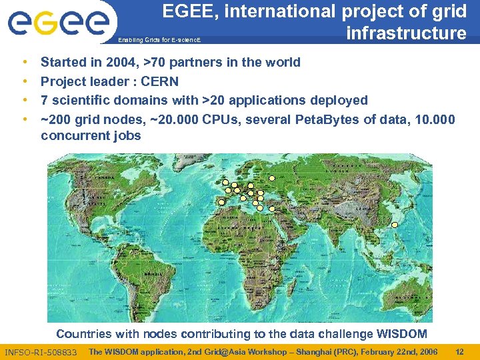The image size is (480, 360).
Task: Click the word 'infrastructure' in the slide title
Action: (x=406, y=33)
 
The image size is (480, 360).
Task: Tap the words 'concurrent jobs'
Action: (x=91, y=136)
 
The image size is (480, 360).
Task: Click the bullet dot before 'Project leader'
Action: (x=25, y=81)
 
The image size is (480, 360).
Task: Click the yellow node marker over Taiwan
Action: (x=394, y=225)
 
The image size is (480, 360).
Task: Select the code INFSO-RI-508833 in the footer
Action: (x=41, y=352)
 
